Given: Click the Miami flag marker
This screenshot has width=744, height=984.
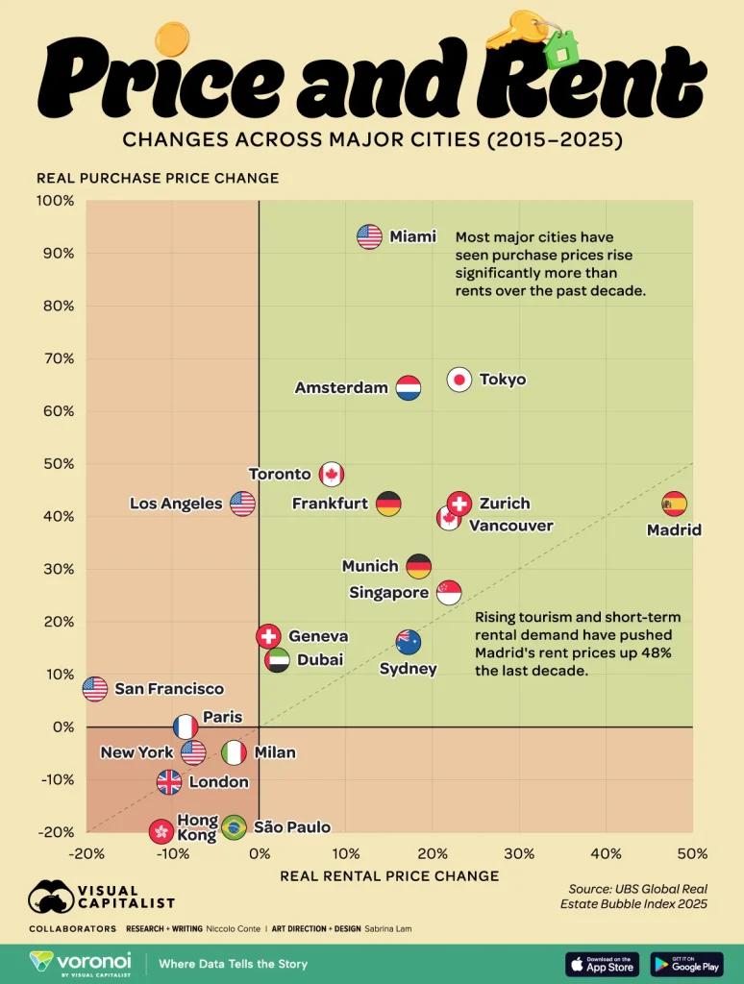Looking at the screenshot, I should [x=369, y=236].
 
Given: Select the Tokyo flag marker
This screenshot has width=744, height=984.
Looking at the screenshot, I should [x=459, y=380].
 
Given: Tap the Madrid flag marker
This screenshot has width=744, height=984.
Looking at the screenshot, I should [x=675, y=503].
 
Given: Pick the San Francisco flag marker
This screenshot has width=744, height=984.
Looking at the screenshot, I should [x=94, y=688].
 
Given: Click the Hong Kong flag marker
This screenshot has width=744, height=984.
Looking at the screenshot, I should [x=161, y=831].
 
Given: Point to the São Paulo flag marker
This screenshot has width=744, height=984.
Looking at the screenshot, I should [x=234, y=826].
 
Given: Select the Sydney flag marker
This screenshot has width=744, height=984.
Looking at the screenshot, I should [x=409, y=642].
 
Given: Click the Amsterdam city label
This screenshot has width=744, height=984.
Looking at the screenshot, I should [x=341, y=388].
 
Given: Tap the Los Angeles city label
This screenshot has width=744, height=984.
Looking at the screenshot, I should [x=176, y=504].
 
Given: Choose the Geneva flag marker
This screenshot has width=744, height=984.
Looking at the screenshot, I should [x=268, y=635].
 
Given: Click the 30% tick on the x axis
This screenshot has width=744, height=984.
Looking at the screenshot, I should [x=519, y=852].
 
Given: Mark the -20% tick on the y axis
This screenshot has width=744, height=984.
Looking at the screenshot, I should [x=55, y=832].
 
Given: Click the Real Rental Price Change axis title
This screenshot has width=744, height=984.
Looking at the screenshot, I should [x=389, y=875].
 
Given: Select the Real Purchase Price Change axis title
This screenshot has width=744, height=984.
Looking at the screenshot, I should [x=158, y=178].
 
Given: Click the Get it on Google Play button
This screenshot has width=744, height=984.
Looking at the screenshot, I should [x=686, y=964].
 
